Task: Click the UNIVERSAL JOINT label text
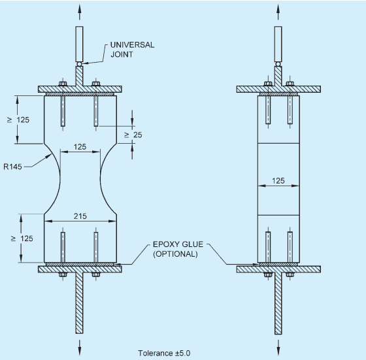point(132,50)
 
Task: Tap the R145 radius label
point(12,167)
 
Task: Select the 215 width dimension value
point(80,216)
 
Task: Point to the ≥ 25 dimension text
point(133,135)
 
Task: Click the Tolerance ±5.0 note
point(164,353)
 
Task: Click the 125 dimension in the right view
point(278,180)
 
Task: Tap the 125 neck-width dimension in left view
point(80,147)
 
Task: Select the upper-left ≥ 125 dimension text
point(18,120)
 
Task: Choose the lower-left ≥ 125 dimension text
point(22,238)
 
